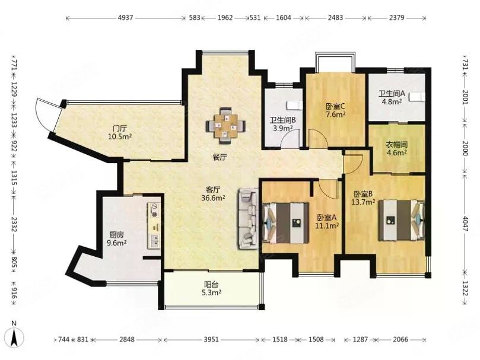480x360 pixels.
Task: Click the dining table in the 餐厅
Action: [x=225, y=126]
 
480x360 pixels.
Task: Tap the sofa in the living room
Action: [x=248, y=218]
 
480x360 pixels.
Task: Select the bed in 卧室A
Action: [x=285, y=223]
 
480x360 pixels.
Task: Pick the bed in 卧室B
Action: [x=401, y=221]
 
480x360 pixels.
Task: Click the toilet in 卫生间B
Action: [x=294, y=106]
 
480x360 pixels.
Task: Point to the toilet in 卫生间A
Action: [x=418, y=97]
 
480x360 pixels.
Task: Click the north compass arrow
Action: [x=14, y=336]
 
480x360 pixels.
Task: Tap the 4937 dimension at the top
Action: [x=126, y=18]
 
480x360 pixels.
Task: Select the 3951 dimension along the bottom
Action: [x=211, y=339]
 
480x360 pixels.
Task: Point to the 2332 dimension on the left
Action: [x=14, y=225]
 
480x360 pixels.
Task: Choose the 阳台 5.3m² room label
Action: [x=211, y=289]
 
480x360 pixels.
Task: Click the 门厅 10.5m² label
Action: [x=120, y=132]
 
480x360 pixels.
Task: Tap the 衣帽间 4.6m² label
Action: [x=396, y=148]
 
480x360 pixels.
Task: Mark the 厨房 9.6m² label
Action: [x=116, y=239]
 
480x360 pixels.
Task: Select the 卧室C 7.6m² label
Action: [x=335, y=110]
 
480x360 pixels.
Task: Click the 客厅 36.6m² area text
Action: [x=213, y=194]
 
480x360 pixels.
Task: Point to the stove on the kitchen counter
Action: [x=155, y=211]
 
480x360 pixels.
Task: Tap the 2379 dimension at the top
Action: [x=397, y=18]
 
